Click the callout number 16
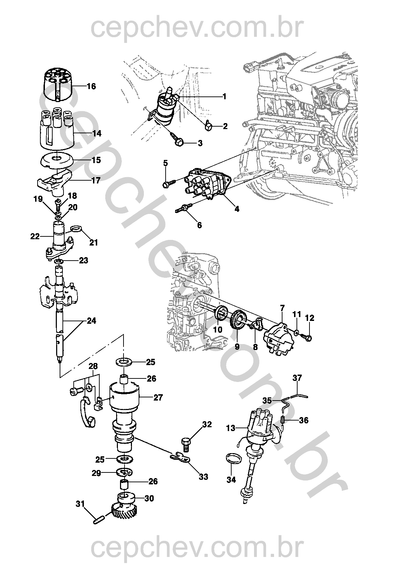click(x=91, y=86)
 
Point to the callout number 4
click(x=237, y=209)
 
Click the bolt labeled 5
click(x=167, y=184)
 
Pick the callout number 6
click(x=200, y=225)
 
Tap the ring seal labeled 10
click(x=220, y=313)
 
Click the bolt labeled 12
click(x=309, y=338)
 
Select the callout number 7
click(x=282, y=308)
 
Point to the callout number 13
click(x=231, y=428)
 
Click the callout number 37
click(x=297, y=378)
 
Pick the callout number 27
click(x=158, y=397)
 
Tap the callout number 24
click(x=91, y=321)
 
